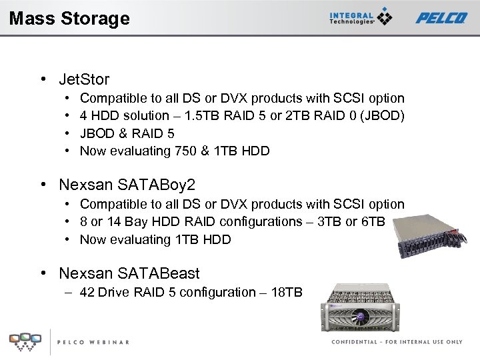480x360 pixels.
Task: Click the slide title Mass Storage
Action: click(69, 18)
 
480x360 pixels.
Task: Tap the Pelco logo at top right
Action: click(441, 18)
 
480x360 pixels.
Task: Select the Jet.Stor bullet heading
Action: click(84, 79)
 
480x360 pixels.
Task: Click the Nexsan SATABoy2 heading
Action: click(127, 183)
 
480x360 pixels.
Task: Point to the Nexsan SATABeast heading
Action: click(129, 273)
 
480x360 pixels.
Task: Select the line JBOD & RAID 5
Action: click(127, 133)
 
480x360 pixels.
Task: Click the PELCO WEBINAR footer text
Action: click(93, 342)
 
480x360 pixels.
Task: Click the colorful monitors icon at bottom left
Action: click(25, 341)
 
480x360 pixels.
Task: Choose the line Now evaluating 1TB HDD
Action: click(155, 239)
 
